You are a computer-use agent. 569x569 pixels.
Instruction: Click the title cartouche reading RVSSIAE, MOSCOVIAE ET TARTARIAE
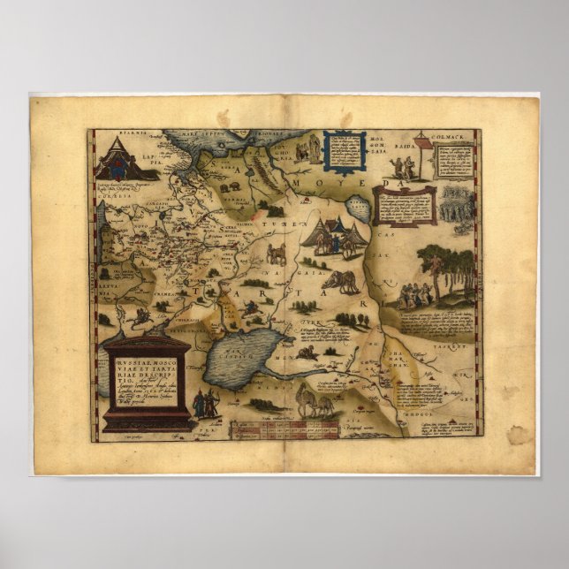[147, 381]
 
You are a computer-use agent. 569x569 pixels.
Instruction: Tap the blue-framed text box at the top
[344, 150]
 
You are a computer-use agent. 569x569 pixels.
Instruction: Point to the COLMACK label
[451, 136]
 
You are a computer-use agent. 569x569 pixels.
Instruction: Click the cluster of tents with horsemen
[334, 238]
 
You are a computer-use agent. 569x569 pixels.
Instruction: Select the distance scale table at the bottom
[284, 429]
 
